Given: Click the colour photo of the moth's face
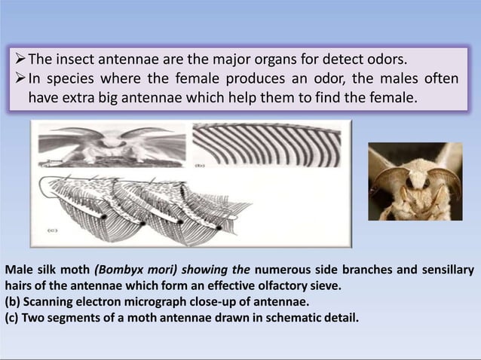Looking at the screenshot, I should pyautogui.click(x=415, y=182).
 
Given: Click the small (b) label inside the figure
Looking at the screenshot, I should pyautogui.click(x=201, y=162).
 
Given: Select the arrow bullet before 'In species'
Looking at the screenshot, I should pyautogui.click(x=22, y=78).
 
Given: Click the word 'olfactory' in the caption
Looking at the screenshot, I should pyautogui.click(x=263, y=285).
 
